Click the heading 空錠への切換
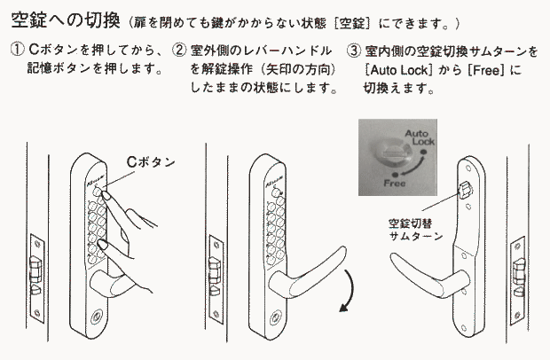click(x=66, y=20)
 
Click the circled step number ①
click(x=17, y=50)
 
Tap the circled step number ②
click(x=179, y=51)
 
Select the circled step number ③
click(x=354, y=51)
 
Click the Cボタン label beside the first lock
click(x=151, y=162)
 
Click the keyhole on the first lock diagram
click(x=96, y=317)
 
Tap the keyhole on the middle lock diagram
click(x=275, y=318)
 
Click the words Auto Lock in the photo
click(x=420, y=137)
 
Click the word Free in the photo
click(x=395, y=183)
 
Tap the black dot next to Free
click(x=396, y=175)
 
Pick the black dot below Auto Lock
click(x=424, y=152)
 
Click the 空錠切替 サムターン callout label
click(x=416, y=230)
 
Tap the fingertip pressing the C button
click(x=104, y=194)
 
